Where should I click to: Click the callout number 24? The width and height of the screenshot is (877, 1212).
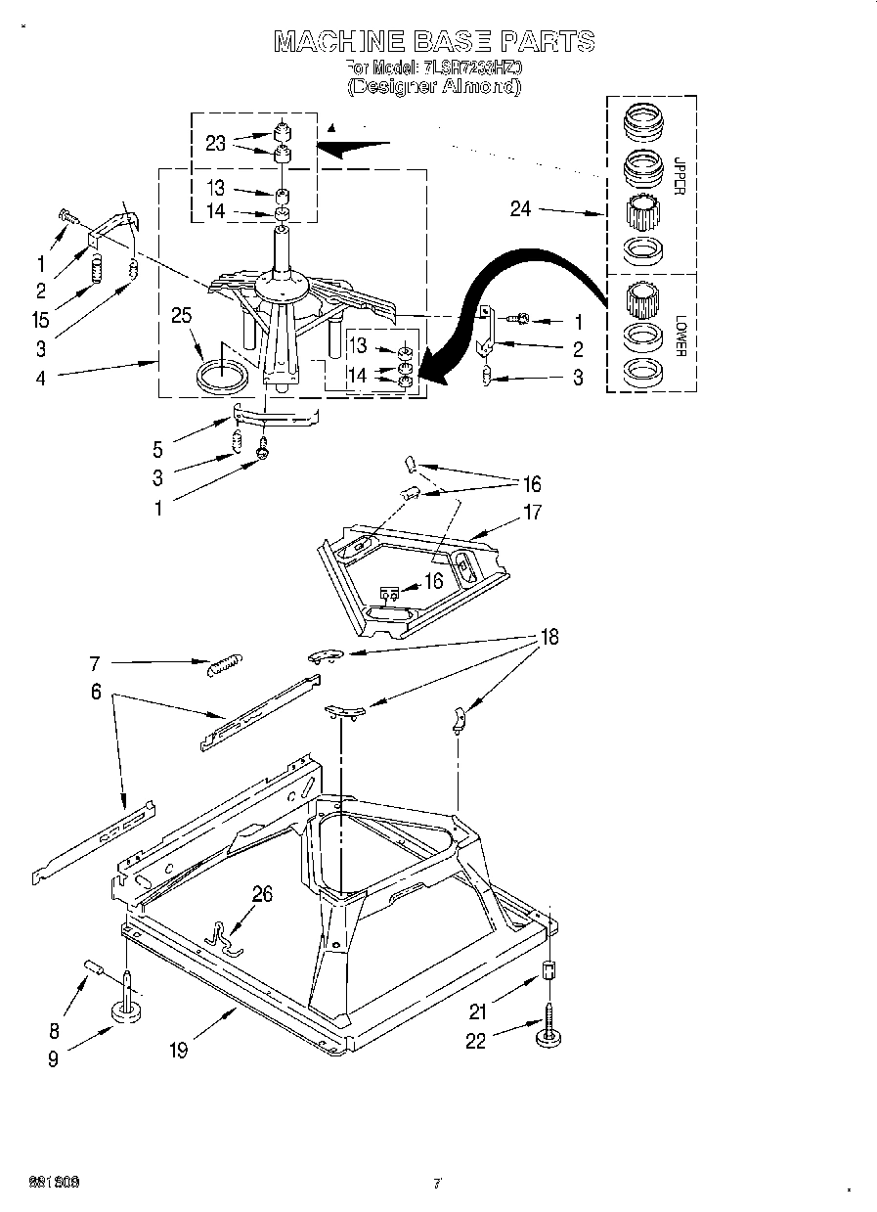pyautogui.click(x=520, y=208)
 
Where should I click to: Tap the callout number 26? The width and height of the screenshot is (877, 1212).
pyautogui.click(x=262, y=893)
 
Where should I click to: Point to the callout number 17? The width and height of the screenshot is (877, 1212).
pyautogui.click(x=532, y=512)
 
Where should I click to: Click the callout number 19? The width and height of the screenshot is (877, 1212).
pyautogui.click(x=177, y=1050)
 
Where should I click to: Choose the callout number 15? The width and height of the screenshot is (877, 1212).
pyautogui.click(x=41, y=319)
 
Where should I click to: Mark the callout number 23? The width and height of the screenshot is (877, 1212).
pyautogui.click(x=216, y=143)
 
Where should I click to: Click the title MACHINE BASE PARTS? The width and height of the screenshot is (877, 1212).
pyautogui.click(x=434, y=41)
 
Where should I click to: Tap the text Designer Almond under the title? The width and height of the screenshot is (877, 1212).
pyautogui.click(x=434, y=86)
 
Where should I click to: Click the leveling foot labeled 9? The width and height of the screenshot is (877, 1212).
pyautogui.click(x=126, y=1010)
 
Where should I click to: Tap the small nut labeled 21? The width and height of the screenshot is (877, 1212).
pyautogui.click(x=548, y=971)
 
